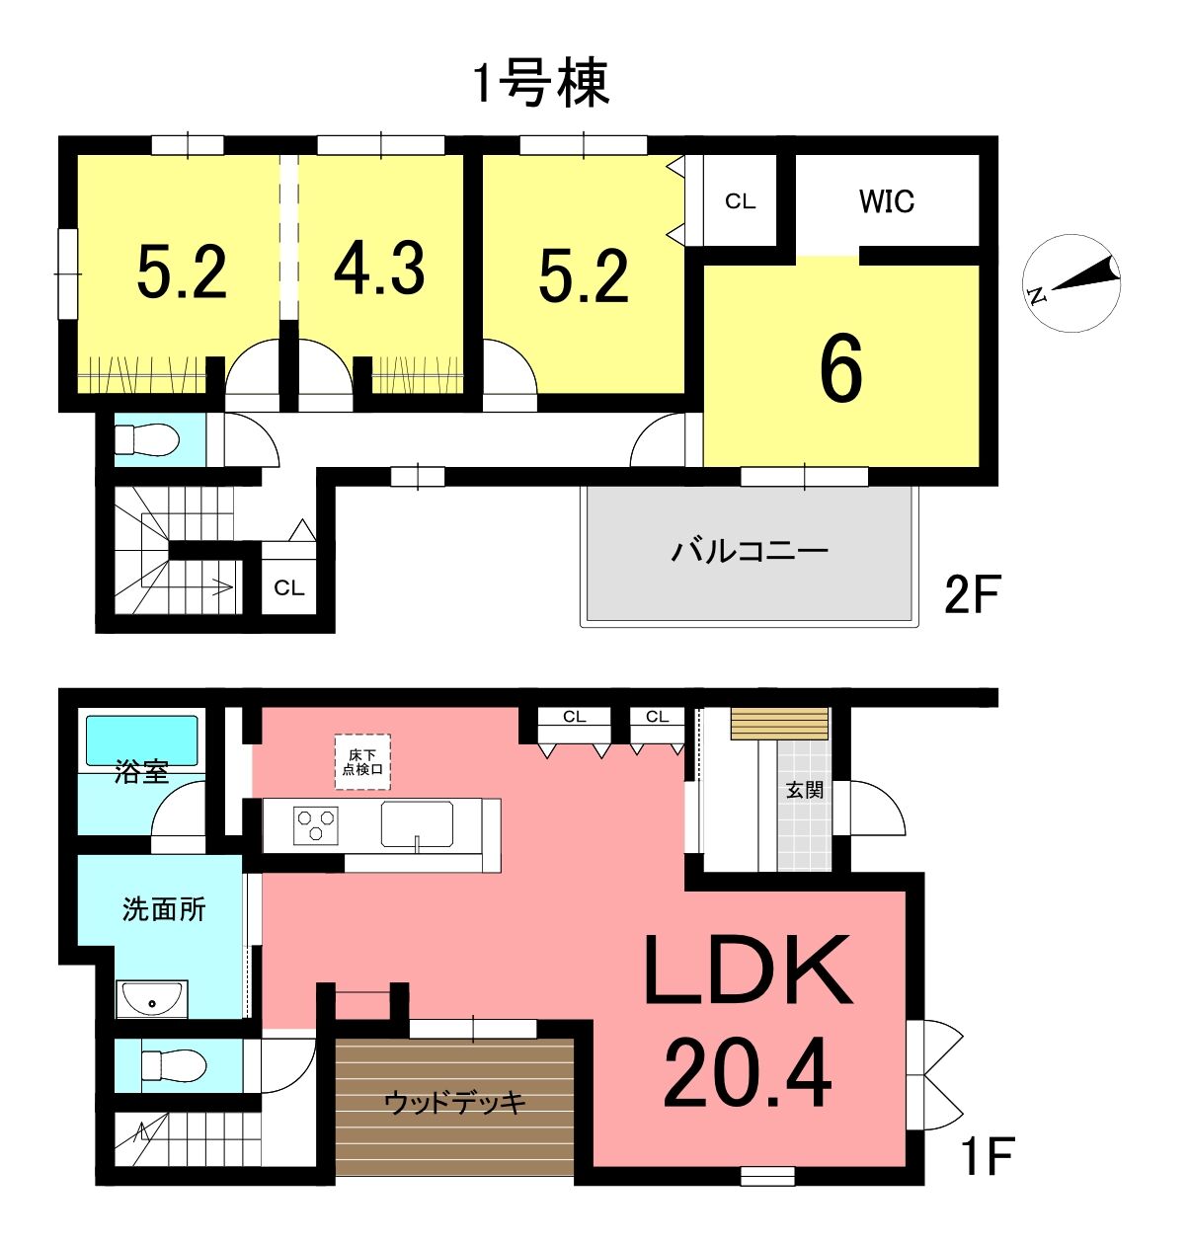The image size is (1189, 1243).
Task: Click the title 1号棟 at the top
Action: pyautogui.click(x=541, y=83)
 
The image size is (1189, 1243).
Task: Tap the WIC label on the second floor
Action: pyautogui.click(x=886, y=201)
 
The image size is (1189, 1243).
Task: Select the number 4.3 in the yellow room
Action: pyautogui.click(x=379, y=269)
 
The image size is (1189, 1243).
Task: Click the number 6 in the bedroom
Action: pyautogui.click(x=840, y=370)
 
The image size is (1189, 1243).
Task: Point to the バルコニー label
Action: pyautogui.click(x=749, y=551)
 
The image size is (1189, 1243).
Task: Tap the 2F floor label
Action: pyautogui.click(x=972, y=594)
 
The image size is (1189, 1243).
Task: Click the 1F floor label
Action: pyautogui.click(x=988, y=1156)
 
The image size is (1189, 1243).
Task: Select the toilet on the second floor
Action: pyautogui.click(x=147, y=440)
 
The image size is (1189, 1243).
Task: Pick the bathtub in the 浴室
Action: pyautogui.click(x=142, y=739)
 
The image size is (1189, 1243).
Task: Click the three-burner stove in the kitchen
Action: pyautogui.click(x=316, y=825)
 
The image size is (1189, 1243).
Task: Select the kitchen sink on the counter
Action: pyautogui.click(x=417, y=825)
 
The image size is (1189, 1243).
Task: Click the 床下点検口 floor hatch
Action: pyautogui.click(x=362, y=762)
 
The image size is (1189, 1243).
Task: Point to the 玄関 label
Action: pyautogui.click(x=805, y=791)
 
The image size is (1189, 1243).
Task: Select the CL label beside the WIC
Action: pyautogui.click(x=740, y=201)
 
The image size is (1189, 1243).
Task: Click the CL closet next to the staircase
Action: pyautogui.click(x=288, y=587)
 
